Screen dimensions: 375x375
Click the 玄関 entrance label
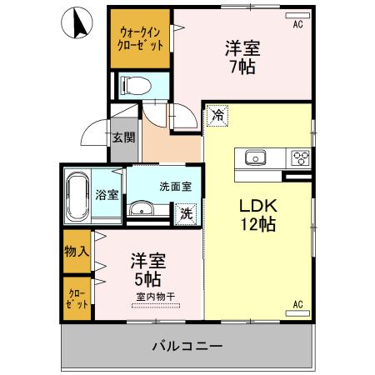[124, 137]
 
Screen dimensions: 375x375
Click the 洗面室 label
[177, 188]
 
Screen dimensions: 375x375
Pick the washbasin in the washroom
[144, 208]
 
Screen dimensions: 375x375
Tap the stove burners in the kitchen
[298, 157]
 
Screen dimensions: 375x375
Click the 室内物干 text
[155, 296]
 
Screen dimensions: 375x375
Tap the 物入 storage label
[76, 252]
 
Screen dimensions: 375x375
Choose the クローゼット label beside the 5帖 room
[76, 298]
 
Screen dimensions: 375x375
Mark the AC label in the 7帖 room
[297, 24]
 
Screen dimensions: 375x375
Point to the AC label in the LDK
[297, 305]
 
